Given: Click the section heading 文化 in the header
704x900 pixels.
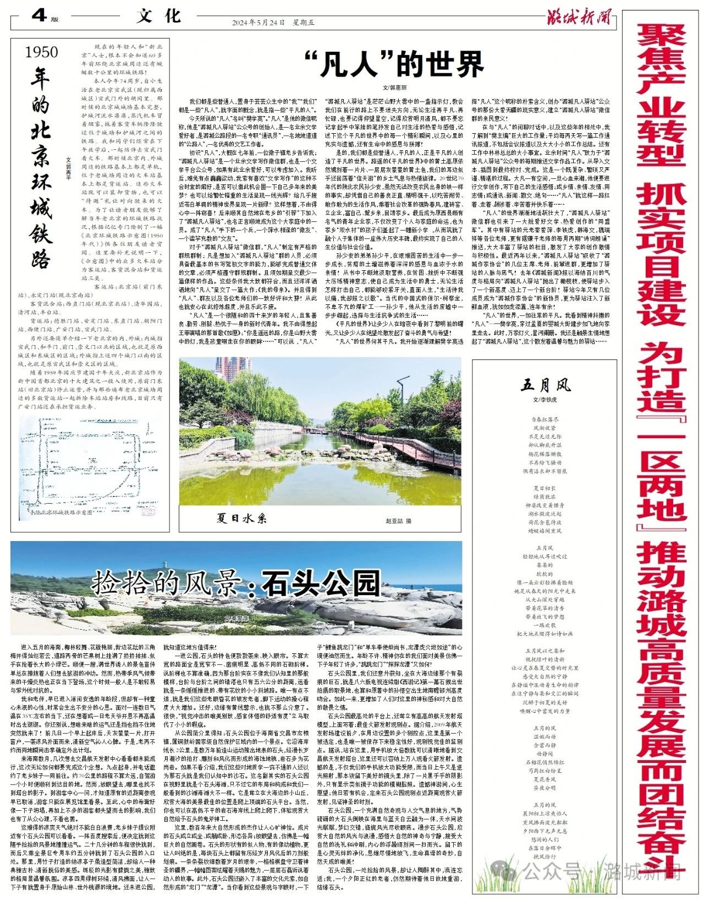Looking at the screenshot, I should (158, 16).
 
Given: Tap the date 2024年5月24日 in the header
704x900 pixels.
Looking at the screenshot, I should (258, 23).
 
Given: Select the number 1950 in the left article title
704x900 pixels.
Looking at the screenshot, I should (42, 52).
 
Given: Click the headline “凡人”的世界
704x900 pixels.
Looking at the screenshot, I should (394, 64).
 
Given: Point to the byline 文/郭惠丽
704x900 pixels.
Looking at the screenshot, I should (394, 87).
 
